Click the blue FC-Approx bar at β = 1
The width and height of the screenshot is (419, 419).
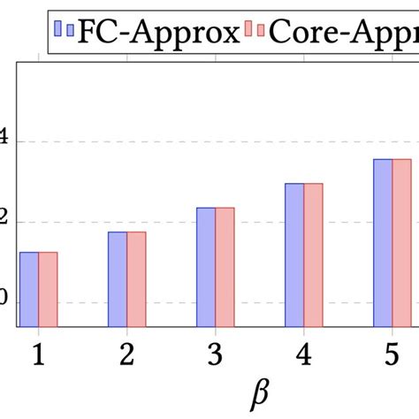29,289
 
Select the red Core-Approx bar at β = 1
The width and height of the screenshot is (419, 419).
48,289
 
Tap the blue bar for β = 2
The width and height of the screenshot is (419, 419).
118,278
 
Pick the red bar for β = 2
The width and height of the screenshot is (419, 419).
136,278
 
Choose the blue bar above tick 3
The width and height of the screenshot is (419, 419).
206,266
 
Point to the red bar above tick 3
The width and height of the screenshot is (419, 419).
225,266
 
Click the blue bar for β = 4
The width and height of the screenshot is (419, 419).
294,255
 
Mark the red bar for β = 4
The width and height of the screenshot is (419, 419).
313,255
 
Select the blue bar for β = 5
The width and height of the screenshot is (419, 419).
383,242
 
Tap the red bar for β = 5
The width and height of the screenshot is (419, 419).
401,242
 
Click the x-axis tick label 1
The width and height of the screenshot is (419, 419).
38,354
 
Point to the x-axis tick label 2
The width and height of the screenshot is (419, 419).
126,354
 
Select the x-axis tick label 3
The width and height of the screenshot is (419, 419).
215,354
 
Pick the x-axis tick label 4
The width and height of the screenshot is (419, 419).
303,354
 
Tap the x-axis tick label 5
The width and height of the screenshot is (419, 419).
392,354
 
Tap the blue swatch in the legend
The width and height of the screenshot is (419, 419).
64,32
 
